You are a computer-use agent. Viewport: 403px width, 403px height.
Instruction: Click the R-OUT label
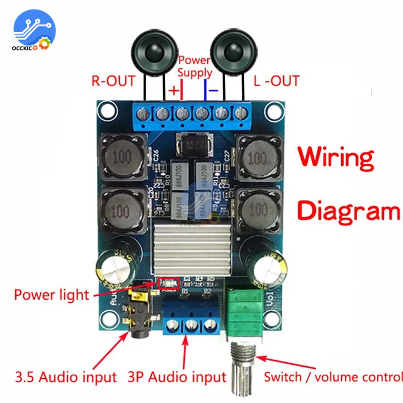point(113,80)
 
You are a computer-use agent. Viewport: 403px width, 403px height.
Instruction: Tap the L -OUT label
point(277,80)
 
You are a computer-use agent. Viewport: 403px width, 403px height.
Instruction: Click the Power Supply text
point(194,66)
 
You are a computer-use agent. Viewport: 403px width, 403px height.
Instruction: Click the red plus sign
point(173,91)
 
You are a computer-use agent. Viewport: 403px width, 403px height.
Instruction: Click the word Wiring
point(336,157)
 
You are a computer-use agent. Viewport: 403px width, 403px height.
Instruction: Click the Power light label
point(51,294)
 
